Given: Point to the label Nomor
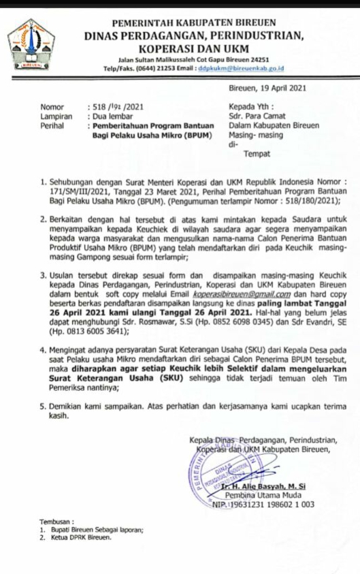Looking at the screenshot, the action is [x=51, y=107].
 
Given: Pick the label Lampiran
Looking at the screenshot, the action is [x=55, y=116].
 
